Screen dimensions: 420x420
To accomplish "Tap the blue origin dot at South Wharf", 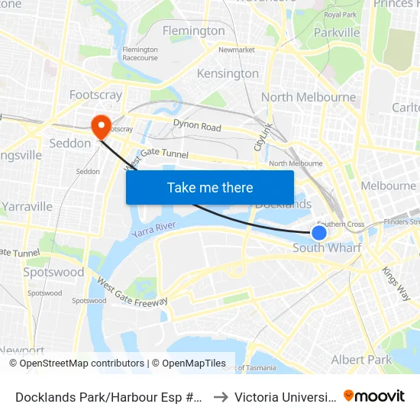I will click(319, 233).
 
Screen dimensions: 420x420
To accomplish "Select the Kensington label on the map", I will click(228, 73).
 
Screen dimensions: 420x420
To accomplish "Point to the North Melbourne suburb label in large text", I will click(309, 97).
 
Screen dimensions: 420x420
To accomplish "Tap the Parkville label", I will click(337, 33).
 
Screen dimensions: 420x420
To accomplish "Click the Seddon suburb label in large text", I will click(71, 144).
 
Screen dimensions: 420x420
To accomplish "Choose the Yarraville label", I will click(27, 206).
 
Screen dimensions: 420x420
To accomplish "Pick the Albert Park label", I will click(361, 360).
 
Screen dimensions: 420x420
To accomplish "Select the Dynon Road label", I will click(197, 126).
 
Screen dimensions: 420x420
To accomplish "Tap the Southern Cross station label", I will click(341, 224).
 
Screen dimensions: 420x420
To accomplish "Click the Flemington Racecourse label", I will click(140, 53).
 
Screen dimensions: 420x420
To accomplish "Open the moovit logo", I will click(373, 396).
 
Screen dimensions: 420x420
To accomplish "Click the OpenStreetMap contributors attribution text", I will click(76, 363).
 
